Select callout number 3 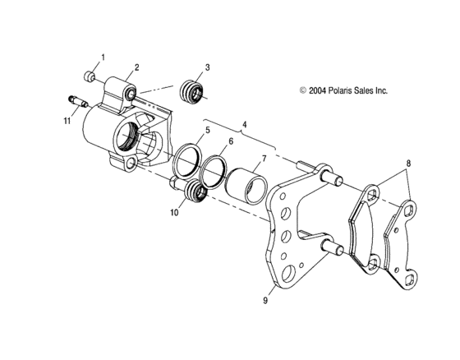208,67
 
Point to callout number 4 244,126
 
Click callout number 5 208,131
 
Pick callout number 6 230,141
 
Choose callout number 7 263,159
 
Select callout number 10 172,211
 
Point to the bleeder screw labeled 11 76,102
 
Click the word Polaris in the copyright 338,91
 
